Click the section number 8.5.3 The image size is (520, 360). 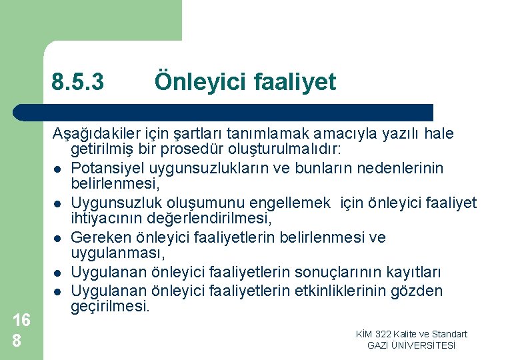click(78, 83)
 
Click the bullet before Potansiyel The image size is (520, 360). click(58, 169)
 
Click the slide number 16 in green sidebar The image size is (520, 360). click(21, 321)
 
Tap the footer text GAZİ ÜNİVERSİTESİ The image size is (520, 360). click(411, 345)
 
